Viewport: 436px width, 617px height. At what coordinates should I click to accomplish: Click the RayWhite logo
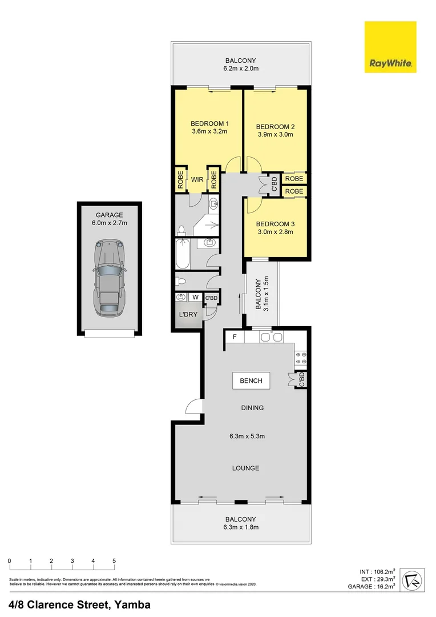[x=390, y=47]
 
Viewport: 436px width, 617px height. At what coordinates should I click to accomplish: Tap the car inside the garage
[x=109, y=278]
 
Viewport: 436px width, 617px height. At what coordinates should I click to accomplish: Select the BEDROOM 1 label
[x=209, y=123]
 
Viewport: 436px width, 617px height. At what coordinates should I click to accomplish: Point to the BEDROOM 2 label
[x=275, y=127]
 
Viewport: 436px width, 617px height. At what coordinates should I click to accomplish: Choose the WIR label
[x=197, y=179]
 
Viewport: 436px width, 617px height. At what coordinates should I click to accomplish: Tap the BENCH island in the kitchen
[x=251, y=380]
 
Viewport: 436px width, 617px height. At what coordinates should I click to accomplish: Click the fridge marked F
[x=234, y=337]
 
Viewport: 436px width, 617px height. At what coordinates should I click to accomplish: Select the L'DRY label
[x=188, y=315]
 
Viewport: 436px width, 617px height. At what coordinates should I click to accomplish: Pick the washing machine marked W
[x=195, y=297]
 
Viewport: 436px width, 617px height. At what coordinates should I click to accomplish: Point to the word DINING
[x=252, y=408]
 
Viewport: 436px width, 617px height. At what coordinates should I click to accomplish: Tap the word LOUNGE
[x=245, y=468]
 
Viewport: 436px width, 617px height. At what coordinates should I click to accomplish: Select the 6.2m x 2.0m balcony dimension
[x=241, y=69]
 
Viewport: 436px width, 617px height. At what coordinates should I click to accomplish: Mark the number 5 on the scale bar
[x=114, y=560]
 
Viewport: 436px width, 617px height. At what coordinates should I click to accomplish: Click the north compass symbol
[x=411, y=581]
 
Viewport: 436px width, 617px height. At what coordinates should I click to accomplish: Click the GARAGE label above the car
[x=109, y=215]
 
